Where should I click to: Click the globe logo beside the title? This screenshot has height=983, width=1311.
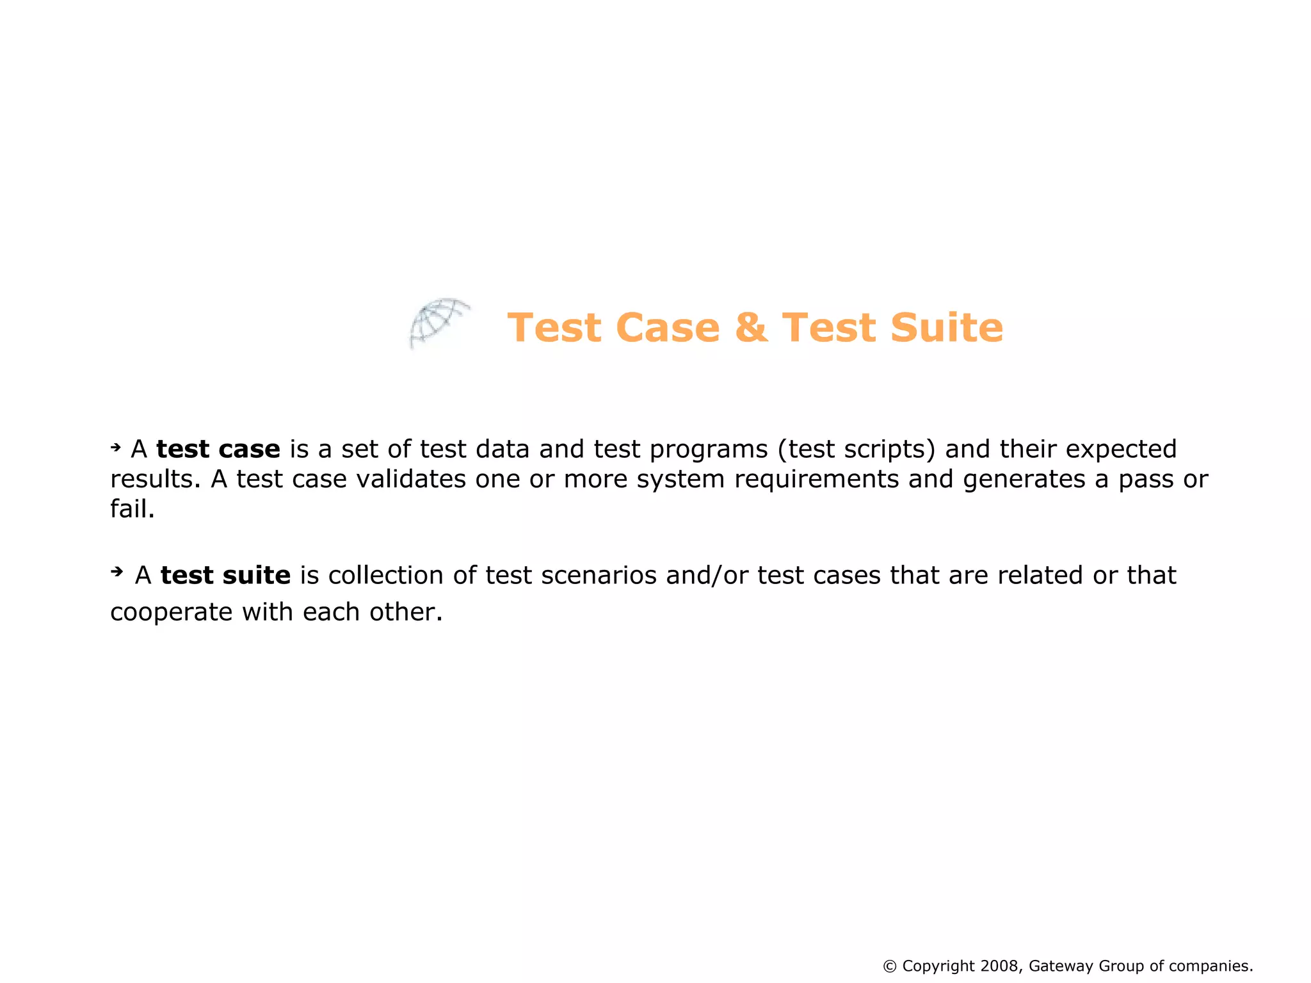439,323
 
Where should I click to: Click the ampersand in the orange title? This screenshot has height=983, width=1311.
751,328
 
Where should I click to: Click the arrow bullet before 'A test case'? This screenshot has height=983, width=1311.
116,447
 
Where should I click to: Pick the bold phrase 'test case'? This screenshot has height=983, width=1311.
218,450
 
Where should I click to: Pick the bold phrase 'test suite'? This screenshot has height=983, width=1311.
225,575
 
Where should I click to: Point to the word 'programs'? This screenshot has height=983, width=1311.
708,450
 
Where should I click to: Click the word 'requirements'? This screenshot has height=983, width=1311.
816,480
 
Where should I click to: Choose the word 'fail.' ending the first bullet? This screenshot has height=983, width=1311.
133,509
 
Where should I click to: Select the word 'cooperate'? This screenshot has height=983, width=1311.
171,612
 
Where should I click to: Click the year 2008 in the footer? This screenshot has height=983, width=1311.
999,966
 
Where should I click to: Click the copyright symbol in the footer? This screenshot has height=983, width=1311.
889,966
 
